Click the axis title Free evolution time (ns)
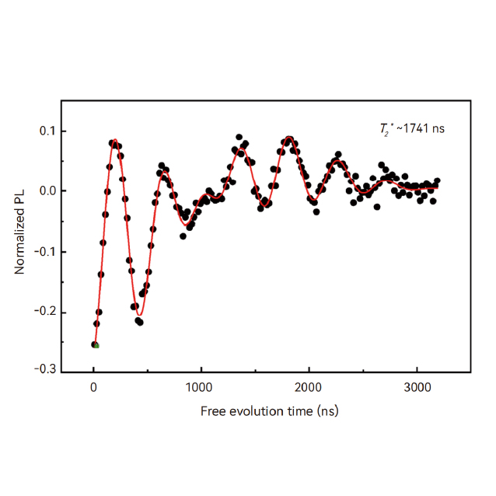tap(269, 410)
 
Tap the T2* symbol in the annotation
tap(382, 127)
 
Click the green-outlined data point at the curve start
tap(96, 344)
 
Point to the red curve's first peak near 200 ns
tap(115, 141)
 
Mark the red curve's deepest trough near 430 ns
tap(140, 315)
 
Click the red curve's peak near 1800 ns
tap(289, 138)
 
